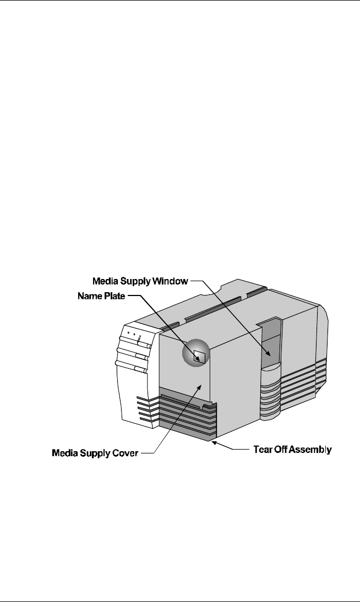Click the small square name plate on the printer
[199, 356]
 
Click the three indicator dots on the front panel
[134, 333]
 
